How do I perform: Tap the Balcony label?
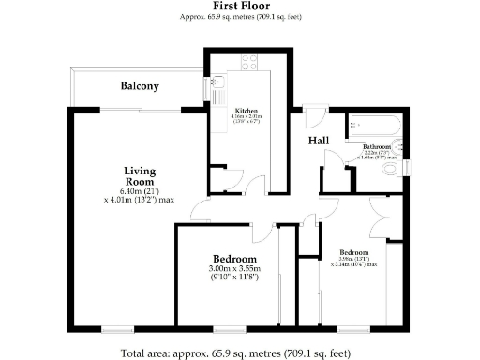click(140, 86)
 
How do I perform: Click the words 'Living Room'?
click(140, 175)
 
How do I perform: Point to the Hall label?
click(319, 141)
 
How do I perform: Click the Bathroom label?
click(377, 147)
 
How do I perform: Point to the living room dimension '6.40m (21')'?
click(140, 190)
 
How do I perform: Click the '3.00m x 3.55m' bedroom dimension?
click(234, 269)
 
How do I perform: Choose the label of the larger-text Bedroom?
click(234, 259)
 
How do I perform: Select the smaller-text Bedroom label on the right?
click(354, 253)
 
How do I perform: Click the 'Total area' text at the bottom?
click(235, 353)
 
